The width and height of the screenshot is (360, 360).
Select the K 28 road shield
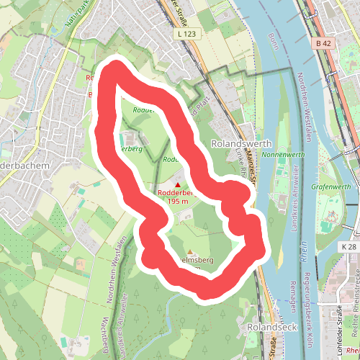348,246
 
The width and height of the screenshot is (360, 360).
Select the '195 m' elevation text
178,201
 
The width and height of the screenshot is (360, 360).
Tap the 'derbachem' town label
24,165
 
